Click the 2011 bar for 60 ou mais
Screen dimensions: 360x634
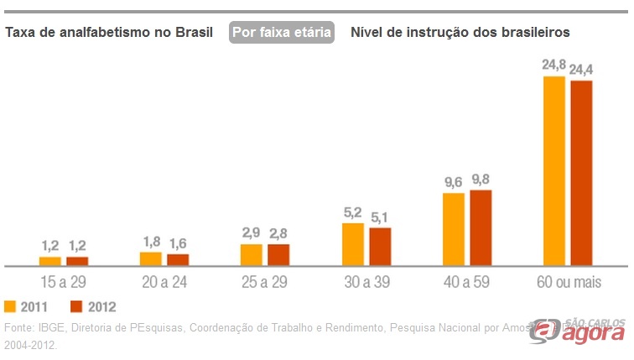click(x=554, y=171)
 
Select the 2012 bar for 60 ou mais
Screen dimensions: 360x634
click(x=581, y=173)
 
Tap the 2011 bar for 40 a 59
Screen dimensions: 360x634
click(x=454, y=229)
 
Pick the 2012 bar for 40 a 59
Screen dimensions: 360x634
click(x=481, y=228)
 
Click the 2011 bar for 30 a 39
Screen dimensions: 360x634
click(x=353, y=244)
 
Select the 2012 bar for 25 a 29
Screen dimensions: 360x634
click(x=278, y=255)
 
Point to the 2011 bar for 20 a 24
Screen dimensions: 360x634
click(x=151, y=258)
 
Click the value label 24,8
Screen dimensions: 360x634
click(x=554, y=65)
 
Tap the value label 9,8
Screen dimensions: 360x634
click(x=481, y=179)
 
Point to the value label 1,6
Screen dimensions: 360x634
click(x=178, y=243)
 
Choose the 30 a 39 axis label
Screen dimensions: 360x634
click(x=366, y=281)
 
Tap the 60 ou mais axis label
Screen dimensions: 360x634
click(x=568, y=281)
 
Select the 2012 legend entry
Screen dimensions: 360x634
click(x=93, y=306)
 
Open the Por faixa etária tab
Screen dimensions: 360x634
click(x=282, y=33)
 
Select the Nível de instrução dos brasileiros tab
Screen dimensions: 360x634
click(x=460, y=33)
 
